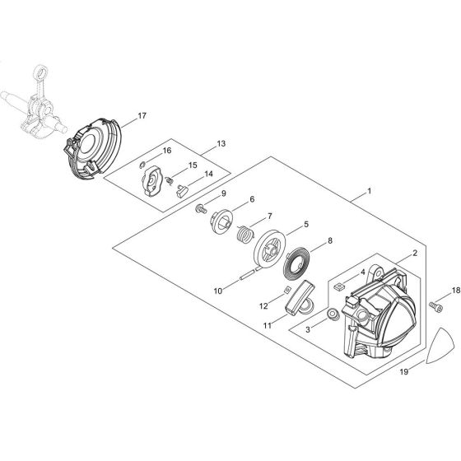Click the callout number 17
click(142, 116)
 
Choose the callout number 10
click(218, 291)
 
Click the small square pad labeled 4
click(338, 286)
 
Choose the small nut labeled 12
click(285, 291)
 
